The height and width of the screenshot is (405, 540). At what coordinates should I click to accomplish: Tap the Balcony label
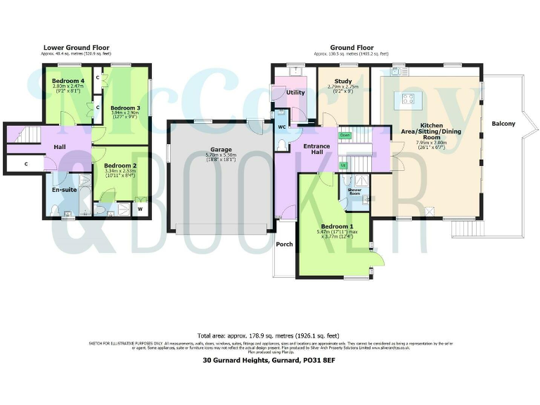coord(503,124)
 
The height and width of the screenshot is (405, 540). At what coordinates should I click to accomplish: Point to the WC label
coord(281,127)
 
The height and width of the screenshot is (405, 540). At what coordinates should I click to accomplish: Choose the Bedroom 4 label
coord(68,81)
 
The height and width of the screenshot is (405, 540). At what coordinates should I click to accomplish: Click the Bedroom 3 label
coord(125,108)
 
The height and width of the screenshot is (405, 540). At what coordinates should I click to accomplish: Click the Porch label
coord(285,244)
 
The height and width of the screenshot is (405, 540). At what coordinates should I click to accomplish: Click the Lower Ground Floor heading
coord(77,48)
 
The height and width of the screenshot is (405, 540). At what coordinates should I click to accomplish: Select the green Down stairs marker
coord(345,134)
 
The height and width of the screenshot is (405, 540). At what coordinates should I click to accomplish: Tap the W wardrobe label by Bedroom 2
coord(140,209)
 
